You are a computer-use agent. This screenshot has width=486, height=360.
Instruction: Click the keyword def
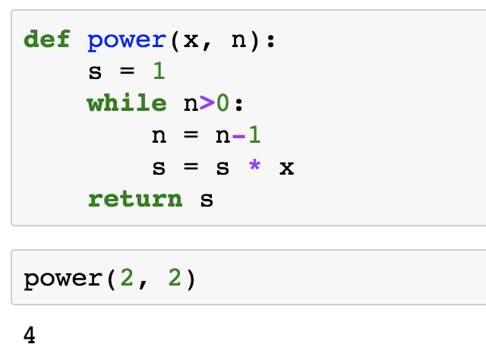pos(47,39)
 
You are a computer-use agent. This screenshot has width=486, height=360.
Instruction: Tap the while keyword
pos(127,103)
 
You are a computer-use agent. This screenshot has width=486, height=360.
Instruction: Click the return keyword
pos(135,199)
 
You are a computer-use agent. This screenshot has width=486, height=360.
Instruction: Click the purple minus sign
pos(238,135)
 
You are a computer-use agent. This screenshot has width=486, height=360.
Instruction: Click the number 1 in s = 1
pos(159,71)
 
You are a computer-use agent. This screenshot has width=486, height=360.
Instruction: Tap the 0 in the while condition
pos(222,103)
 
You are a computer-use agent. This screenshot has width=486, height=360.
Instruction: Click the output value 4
pos(30,334)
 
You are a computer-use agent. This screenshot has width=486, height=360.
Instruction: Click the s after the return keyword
pos(207,200)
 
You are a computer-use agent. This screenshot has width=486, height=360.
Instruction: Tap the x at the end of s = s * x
pos(286,168)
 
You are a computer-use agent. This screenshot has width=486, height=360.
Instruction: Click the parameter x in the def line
pos(191,40)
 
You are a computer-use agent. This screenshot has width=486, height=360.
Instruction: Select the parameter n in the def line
pos(238,40)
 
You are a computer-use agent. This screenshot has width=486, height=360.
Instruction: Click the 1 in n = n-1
pos(254,135)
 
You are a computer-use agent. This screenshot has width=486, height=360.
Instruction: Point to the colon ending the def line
pos(270,41)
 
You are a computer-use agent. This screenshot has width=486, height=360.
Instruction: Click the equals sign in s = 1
pos(127,72)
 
